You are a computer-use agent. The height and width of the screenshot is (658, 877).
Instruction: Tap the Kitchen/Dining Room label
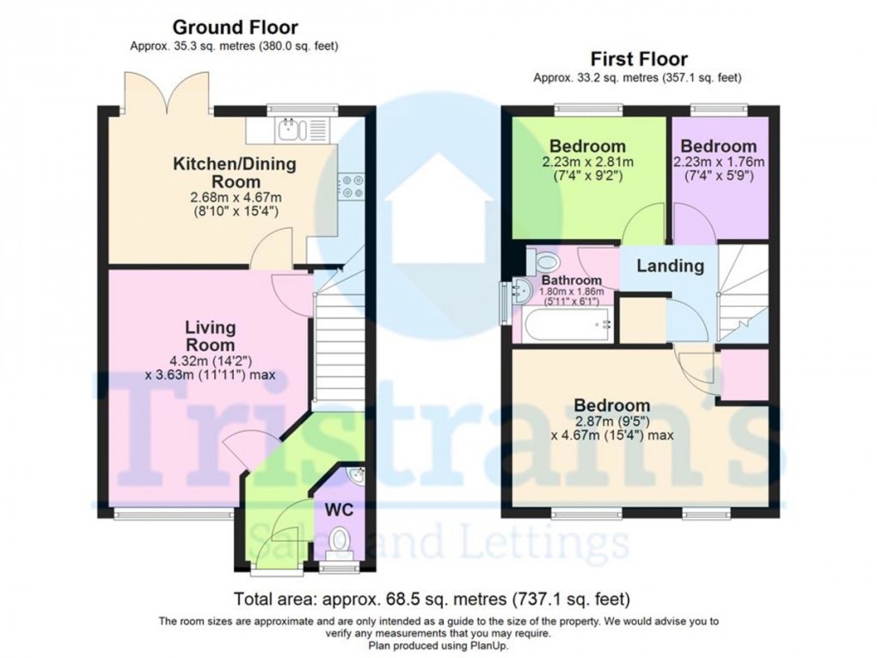235,172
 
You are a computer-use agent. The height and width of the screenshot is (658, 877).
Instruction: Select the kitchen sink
290,131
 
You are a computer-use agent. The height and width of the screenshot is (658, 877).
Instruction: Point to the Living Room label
211,335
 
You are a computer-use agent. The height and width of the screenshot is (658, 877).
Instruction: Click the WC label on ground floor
339,508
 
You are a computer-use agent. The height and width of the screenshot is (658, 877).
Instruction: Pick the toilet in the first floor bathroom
544,259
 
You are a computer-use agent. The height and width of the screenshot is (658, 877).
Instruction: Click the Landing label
670,266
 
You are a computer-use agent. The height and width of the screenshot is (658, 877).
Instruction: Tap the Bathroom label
571,280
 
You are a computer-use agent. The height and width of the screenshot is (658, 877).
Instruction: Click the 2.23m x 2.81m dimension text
587,162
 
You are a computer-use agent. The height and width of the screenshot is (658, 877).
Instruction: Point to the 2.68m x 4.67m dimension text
235,197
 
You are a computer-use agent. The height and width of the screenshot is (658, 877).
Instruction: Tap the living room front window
174,514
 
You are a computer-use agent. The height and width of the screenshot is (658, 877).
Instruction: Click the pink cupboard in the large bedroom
744,373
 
